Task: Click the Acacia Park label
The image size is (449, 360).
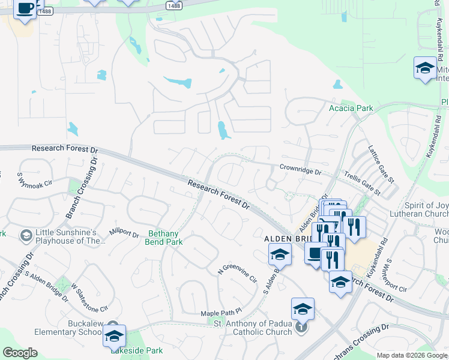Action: click(351, 108)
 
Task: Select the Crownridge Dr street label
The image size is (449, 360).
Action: click(301, 171)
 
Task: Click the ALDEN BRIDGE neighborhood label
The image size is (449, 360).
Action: click(286, 238)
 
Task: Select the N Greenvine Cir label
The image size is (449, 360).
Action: click(237, 272)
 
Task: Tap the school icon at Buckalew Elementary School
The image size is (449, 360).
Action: click(114, 336)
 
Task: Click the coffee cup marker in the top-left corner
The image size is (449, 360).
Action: click(25, 10)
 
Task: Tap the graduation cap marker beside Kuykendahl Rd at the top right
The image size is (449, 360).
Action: click(425, 67)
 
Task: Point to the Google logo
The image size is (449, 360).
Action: click(20, 353)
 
